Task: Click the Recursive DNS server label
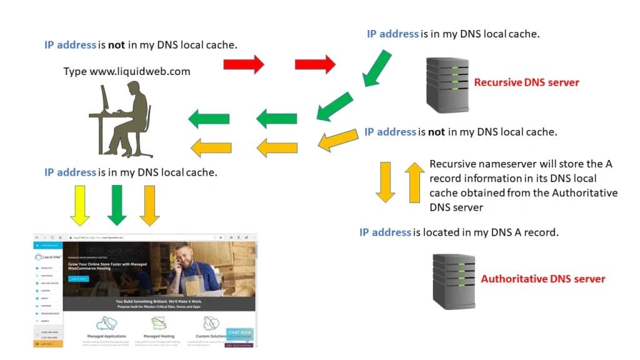tap(526, 82)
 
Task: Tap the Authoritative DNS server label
tap(542, 279)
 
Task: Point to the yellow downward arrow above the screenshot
tap(80, 204)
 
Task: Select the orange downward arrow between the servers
tap(385, 182)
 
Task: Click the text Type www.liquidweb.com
tap(127, 71)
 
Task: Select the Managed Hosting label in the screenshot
tap(159, 336)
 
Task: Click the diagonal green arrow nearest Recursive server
tap(377, 67)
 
